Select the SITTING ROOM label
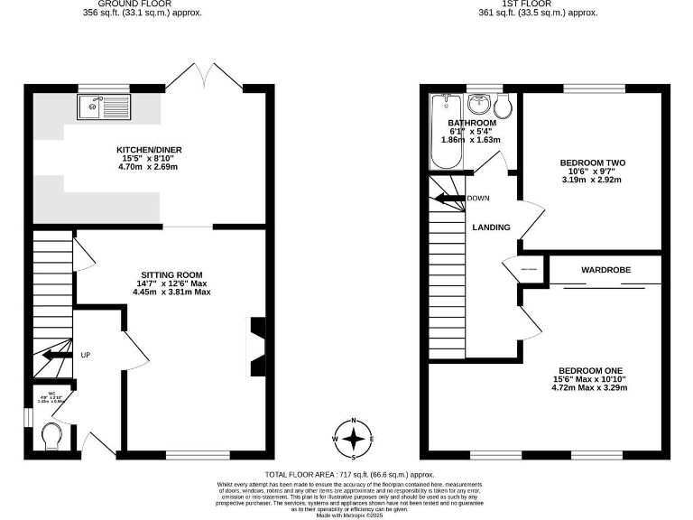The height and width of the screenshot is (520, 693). pyautogui.click(x=171, y=274)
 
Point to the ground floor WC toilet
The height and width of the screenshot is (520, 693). pyautogui.click(x=53, y=435)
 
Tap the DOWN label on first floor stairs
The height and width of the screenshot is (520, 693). pyautogui.click(x=477, y=198)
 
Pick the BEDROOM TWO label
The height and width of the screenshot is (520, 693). pyautogui.click(x=591, y=162)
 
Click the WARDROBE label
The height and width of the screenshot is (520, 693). pyautogui.click(x=605, y=269)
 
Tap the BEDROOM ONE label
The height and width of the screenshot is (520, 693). pyautogui.click(x=591, y=371)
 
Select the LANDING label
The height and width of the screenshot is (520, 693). pyautogui.click(x=491, y=227)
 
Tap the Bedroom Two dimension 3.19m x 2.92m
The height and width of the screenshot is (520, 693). pyautogui.click(x=591, y=180)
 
